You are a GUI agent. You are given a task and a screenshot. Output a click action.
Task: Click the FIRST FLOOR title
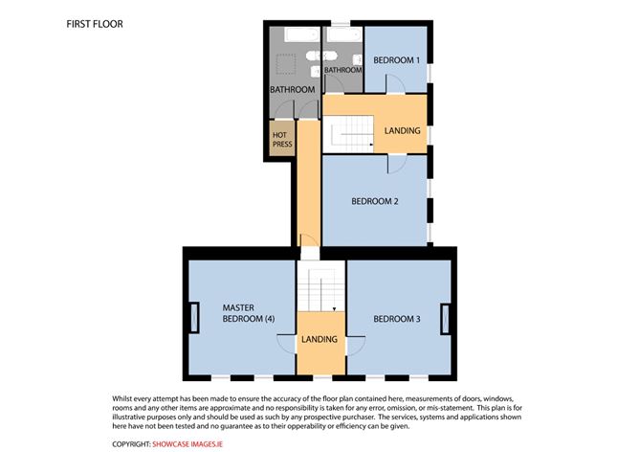pos(95,24)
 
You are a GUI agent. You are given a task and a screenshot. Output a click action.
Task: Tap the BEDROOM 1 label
pos(397,60)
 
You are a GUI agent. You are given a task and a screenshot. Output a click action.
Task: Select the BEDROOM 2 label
pos(375,201)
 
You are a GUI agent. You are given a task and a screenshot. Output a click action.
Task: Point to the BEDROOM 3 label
pos(397,319)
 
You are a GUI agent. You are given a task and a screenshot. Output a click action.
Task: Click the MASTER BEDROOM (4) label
pos(249,313)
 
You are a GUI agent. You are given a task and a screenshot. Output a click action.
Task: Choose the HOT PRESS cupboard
pos(282,139)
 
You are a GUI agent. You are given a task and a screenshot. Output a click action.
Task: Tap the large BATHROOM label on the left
pos(293,89)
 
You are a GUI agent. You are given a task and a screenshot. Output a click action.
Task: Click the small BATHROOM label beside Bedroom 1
pos(343,70)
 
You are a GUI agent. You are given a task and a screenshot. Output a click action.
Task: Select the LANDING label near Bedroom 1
pos(402,131)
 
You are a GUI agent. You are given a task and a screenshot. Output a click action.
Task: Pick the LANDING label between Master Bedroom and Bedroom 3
pos(319,339)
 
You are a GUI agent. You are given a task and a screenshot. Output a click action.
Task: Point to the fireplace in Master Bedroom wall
pos(194,318)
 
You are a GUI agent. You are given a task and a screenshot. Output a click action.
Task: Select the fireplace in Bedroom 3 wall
pos(446,319)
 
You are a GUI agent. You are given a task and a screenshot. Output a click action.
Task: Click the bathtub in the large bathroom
pos(302,34)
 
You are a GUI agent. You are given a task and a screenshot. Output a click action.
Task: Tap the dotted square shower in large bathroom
pos(286,64)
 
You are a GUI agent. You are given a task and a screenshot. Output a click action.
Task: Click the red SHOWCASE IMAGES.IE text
pos(187,444)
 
